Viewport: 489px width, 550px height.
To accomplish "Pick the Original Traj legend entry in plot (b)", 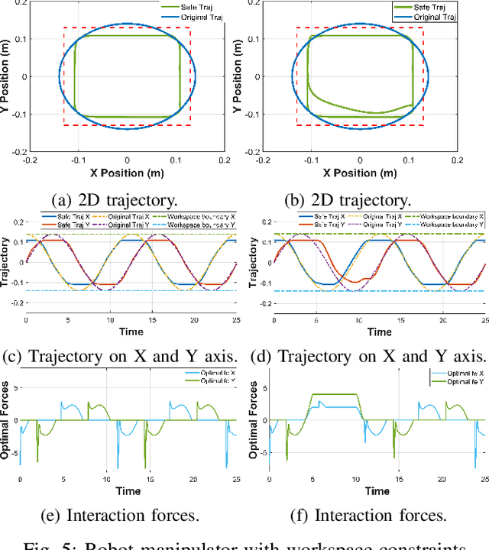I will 431,16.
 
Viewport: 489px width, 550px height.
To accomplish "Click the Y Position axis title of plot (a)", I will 6,76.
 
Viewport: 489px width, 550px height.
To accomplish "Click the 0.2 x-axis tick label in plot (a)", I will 224,160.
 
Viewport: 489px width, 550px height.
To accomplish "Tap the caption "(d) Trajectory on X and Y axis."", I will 380,356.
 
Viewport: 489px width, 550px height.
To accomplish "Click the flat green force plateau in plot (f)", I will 335,395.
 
